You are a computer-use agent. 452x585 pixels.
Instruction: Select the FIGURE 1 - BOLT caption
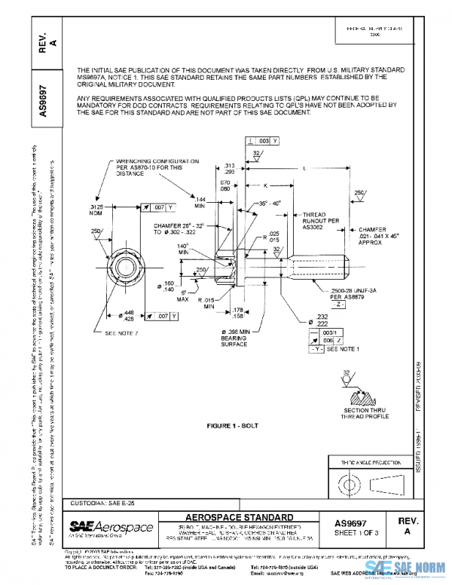(233, 425)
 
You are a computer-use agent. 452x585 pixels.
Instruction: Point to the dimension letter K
(267, 185)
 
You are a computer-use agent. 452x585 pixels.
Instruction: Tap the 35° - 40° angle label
(268, 203)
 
